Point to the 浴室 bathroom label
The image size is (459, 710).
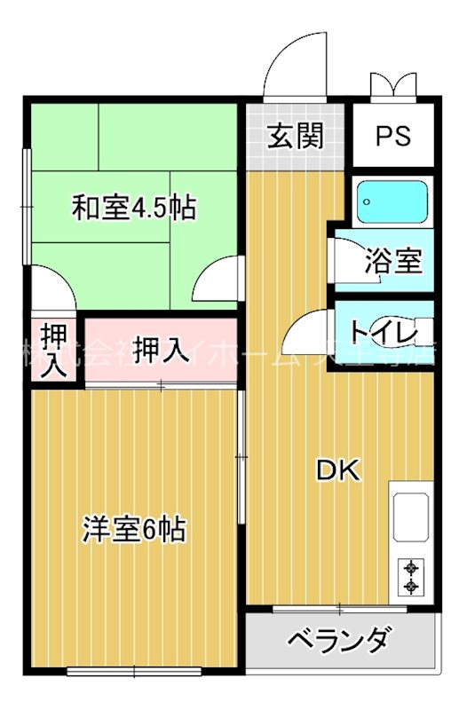pyautogui.click(x=392, y=262)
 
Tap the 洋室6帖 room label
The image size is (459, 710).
pyautogui.click(x=133, y=530)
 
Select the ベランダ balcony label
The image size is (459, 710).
pyautogui.click(x=340, y=639)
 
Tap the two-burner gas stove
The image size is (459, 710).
pyautogui.click(x=410, y=577)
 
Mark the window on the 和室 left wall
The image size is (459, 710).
pyautogui.click(x=28, y=206)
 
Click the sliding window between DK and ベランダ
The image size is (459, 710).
pyautogui.click(x=339, y=609)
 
